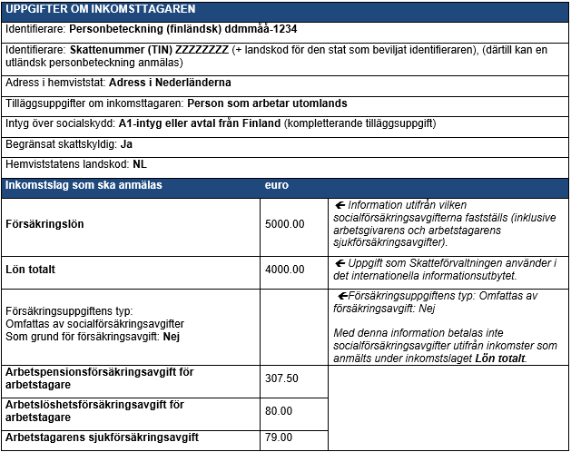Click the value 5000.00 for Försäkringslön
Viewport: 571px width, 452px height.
pos(284,223)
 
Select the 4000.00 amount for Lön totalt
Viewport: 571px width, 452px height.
pos(284,270)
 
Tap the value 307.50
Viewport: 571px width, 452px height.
pos(281,378)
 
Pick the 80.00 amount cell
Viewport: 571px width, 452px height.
pos(278,410)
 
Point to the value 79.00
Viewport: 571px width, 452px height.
pos(278,437)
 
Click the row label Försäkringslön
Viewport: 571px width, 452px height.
pos(46,223)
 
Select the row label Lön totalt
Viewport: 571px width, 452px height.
pos(31,270)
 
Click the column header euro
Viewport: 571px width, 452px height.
pos(276,186)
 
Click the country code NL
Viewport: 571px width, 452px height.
pos(140,164)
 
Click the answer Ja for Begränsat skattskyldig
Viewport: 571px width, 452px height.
pos(127,144)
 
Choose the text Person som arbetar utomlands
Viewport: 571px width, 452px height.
pos(266,103)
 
